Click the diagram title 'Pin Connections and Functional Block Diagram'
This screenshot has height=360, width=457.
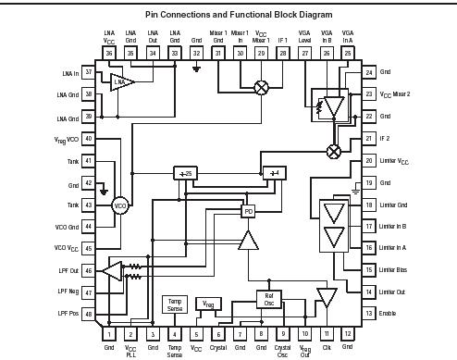tap(228, 15)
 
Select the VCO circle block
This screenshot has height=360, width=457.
tap(119, 205)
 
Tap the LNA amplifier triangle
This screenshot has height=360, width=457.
tap(121, 83)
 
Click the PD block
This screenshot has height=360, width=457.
tap(248, 211)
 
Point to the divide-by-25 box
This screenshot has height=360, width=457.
tap(185, 173)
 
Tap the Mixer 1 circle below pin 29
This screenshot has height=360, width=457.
tap(262, 86)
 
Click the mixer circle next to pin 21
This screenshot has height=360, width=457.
tap(333, 151)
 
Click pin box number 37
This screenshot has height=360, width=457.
tap(88, 71)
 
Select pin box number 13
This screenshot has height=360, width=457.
tap(369, 314)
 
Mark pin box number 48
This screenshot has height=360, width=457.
tap(88, 314)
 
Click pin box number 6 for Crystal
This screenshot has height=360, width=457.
tap(218, 333)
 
